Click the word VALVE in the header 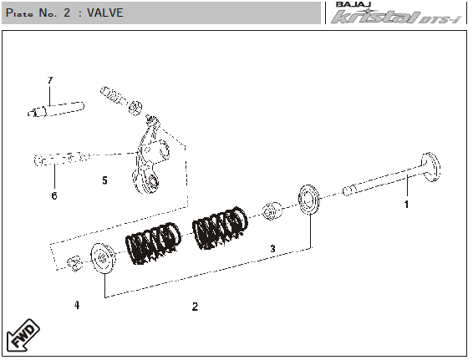coord(105,13)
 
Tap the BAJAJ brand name coord(353,4)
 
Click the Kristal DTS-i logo coord(396,17)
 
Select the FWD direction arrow coord(23,335)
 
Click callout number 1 coord(406,205)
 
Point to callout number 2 coord(196,307)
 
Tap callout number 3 coord(272,249)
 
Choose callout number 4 coord(77,305)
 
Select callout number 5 coord(104,180)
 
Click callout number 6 coord(54,195)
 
